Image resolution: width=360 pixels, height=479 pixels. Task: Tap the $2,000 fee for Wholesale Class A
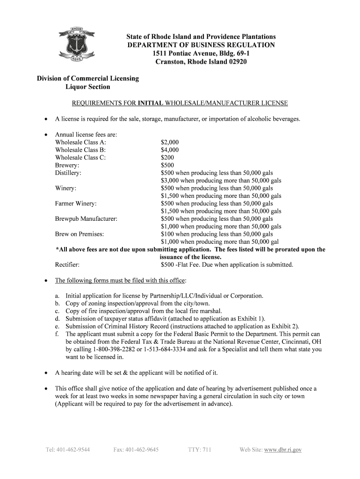[x=170, y=142]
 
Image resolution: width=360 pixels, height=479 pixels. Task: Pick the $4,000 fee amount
[x=170, y=150]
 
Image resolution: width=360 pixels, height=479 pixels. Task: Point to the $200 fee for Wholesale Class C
[x=168, y=158]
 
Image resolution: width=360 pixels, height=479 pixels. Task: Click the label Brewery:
[x=67, y=165]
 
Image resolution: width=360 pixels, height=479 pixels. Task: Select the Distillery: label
[x=68, y=173]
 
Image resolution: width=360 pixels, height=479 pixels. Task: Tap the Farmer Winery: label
[x=76, y=203]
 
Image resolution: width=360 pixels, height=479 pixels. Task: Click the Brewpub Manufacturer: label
[x=86, y=219]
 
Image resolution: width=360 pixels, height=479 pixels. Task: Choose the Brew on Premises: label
[x=79, y=234]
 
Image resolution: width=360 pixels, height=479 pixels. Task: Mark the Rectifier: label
[x=67, y=265]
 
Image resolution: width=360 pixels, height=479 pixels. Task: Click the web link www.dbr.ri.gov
[x=283, y=450]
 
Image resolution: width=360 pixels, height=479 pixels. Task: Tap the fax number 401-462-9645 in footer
[x=136, y=450]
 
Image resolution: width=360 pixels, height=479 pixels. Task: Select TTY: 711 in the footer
[x=200, y=450]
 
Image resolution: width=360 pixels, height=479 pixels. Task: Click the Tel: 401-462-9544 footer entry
[x=68, y=450]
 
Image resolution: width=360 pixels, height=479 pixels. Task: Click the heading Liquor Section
[x=88, y=87]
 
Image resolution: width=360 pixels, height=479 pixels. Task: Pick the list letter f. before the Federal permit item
[x=57, y=334]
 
